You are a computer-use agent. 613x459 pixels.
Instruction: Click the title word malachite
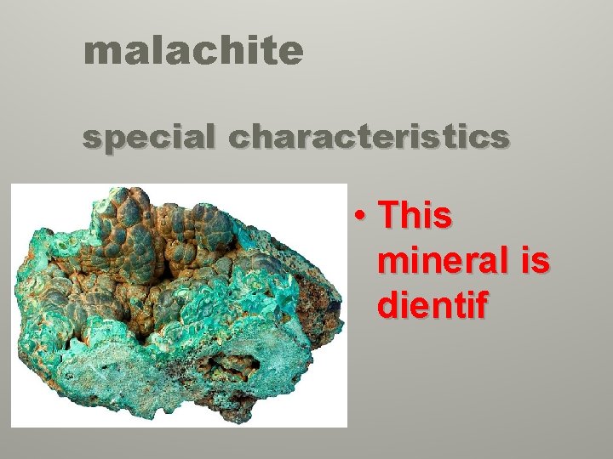(x=193, y=52)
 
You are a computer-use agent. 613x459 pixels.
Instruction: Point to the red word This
(x=415, y=217)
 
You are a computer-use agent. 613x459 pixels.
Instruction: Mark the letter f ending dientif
(x=480, y=304)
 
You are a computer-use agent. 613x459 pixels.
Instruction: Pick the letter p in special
(x=114, y=140)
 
